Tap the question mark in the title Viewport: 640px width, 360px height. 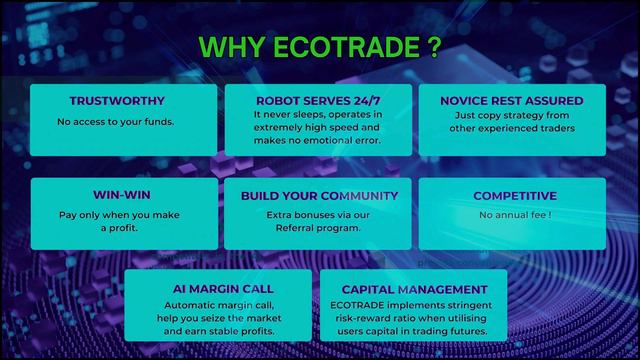(x=432, y=48)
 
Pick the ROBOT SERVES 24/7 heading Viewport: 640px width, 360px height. (x=318, y=101)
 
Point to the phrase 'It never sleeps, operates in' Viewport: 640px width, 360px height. (x=318, y=115)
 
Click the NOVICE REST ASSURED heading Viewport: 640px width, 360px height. (x=512, y=101)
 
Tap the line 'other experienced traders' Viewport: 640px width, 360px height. (x=512, y=129)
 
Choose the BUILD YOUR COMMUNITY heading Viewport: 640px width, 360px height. (x=319, y=195)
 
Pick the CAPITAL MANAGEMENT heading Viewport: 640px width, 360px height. (x=412, y=288)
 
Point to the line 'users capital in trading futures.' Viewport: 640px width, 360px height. (x=412, y=331)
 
